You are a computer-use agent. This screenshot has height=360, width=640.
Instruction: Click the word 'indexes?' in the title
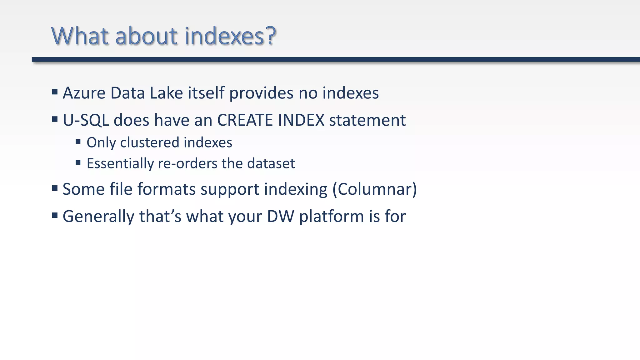pyautogui.click(x=230, y=36)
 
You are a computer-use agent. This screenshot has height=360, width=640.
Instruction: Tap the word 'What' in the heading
pyautogui.click(x=80, y=36)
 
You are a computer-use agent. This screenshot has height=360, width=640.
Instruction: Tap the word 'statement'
pyautogui.click(x=367, y=120)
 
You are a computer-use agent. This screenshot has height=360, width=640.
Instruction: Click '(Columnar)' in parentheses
pyautogui.click(x=374, y=189)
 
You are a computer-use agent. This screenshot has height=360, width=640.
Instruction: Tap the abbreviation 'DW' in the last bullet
pyautogui.click(x=280, y=216)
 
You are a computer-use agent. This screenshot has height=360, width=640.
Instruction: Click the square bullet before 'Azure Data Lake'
pyautogui.click(x=55, y=92)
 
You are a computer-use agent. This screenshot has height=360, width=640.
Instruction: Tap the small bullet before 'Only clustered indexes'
pyautogui.click(x=78, y=142)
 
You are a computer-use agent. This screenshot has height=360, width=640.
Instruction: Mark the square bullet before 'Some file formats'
pyautogui.click(x=55, y=188)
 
